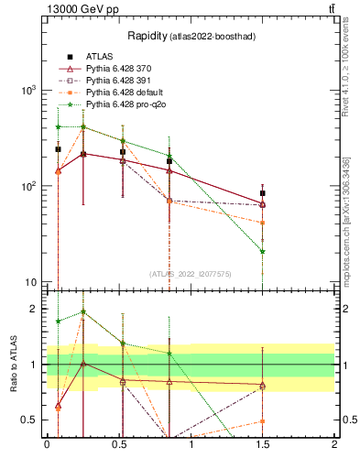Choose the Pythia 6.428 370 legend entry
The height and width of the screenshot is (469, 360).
pos(119,69)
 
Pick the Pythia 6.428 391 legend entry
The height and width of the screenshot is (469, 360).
pos(119,81)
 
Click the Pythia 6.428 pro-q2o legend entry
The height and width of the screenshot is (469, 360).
pos(125,104)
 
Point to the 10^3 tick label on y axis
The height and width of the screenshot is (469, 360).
pos(27,91)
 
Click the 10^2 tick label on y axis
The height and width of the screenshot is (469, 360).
pos(27,186)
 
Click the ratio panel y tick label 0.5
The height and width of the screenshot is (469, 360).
pos(29,420)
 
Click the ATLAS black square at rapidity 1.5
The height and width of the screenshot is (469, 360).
pos(263,193)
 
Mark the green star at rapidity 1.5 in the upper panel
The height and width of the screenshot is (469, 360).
pos(263,251)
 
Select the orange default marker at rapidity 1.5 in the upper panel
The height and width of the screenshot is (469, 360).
pos(263,223)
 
